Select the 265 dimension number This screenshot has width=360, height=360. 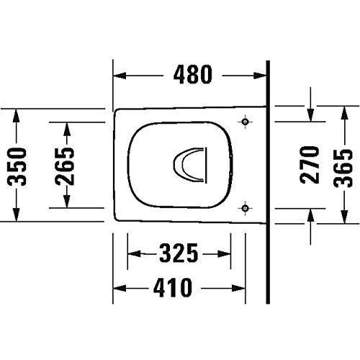[66, 165]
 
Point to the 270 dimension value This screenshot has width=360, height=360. [310, 164]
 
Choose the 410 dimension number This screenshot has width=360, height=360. [171, 289]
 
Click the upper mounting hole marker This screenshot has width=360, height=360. [246, 122]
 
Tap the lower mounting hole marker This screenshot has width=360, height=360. [246, 208]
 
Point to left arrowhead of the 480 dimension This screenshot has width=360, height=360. [120, 75]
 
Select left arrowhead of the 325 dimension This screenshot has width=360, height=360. [132, 253]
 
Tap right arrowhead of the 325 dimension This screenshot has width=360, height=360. [227, 253]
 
